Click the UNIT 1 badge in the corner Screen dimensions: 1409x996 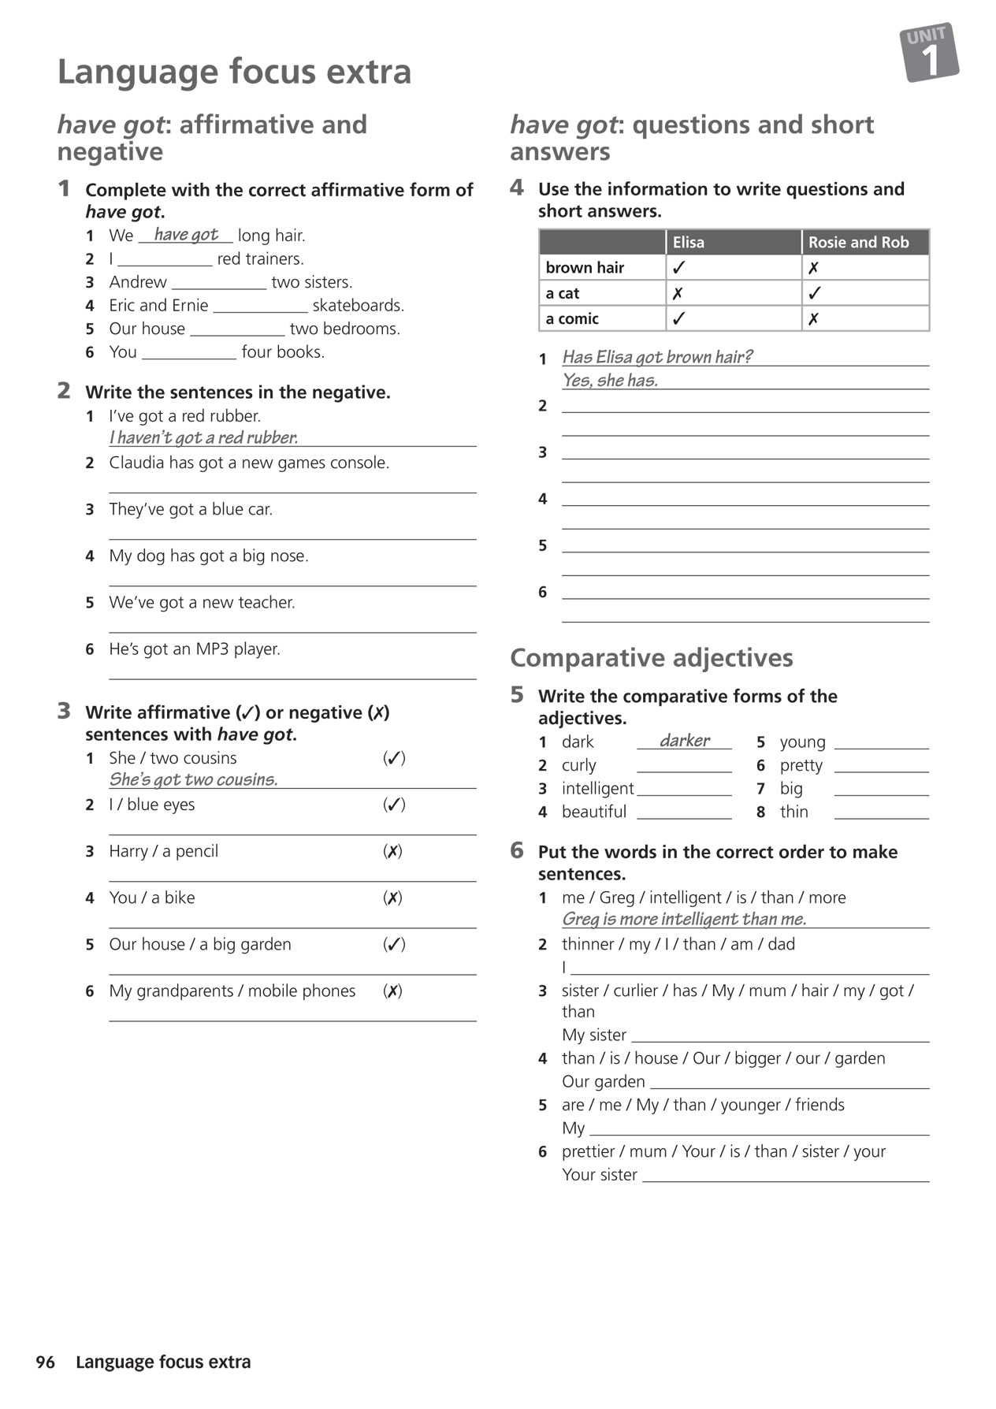coord(929,53)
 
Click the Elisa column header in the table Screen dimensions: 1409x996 coord(688,243)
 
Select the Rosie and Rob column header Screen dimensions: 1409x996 coord(858,243)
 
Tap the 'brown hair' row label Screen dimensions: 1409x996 coord(585,268)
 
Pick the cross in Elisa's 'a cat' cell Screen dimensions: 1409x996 coord(678,293)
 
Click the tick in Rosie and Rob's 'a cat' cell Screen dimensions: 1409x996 coord(815,293)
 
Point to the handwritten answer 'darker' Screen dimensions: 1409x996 coord(685,740)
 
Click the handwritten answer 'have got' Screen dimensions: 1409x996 coord(186,234)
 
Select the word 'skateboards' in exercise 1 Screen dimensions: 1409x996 coord(358,306)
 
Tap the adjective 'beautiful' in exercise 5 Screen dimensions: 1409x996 coord(594,812)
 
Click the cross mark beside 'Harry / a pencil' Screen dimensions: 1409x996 coord(392,851)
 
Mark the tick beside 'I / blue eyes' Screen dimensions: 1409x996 coord(394,805)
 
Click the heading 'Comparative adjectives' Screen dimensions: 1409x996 coord(651,658)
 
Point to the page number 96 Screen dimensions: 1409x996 coord(46,1363)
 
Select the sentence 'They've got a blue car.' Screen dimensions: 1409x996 coord(191,510)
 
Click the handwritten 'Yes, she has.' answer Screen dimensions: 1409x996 coord(610,381)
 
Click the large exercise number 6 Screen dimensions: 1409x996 coord(517,850)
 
